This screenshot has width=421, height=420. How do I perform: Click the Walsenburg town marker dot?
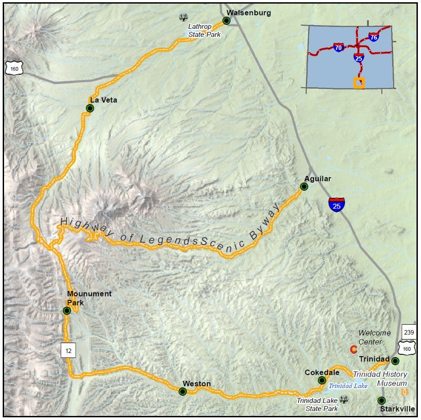point(226,21)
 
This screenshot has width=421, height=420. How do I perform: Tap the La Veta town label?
point(103,100)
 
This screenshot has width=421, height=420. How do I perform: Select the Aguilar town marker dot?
point(304,187)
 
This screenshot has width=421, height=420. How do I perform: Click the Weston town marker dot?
point(183,392)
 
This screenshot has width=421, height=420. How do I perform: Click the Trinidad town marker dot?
point(395,361)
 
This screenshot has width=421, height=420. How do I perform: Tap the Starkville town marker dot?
point(381,400)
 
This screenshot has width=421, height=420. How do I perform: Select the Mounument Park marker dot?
point(67,310)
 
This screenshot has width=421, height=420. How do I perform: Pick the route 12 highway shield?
point(68,349)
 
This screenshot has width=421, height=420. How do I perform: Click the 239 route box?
point(409,332)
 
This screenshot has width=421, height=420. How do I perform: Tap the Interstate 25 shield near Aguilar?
point(336,205)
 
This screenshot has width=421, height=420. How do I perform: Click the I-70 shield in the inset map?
point(339,47)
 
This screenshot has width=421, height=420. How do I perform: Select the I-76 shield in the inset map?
point(373,37)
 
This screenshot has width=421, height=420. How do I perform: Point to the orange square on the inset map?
point(359,83)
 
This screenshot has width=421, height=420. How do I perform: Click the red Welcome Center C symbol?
point(354,349)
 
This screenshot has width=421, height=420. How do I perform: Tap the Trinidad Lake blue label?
point(348,386)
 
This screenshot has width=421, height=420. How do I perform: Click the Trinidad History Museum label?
point(380,379)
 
